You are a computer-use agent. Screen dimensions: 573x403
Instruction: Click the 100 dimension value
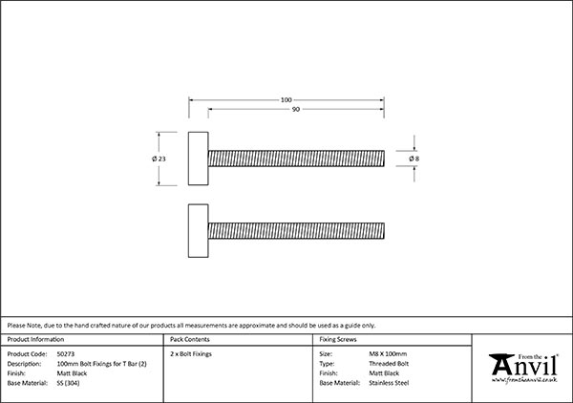point(286,99)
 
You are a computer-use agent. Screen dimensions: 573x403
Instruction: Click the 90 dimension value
point(296,109)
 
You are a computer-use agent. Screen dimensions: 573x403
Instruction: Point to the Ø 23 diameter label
point(159,159)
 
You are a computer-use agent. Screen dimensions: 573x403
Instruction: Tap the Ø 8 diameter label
point(414,159)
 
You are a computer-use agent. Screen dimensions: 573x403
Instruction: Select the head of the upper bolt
point(199,159)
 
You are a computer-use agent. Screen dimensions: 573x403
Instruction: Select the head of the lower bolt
point(199,231)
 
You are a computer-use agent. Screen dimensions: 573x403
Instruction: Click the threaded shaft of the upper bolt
point(296,159)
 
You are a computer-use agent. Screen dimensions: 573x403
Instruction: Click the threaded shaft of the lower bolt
point(296,231)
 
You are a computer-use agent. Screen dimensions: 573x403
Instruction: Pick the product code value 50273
point(66,354)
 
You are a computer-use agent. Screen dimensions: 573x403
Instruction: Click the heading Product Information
point(35,339)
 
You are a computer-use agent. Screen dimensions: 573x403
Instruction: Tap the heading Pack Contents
point(190,339)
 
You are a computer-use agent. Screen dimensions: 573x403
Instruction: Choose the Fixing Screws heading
point(338,339)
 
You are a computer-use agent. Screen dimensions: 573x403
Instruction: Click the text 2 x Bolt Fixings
point(191,354)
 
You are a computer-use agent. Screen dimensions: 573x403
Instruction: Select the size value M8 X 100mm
point(388,354)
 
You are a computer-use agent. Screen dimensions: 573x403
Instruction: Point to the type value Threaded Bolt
point(389,364)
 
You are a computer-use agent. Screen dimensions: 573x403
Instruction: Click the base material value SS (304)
point(69,383)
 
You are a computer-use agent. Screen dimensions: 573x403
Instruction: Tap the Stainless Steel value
point(389,383)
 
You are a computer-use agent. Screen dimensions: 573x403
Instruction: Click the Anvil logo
point(523,368)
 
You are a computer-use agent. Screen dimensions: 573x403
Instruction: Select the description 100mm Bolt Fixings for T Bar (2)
point(102,364)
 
